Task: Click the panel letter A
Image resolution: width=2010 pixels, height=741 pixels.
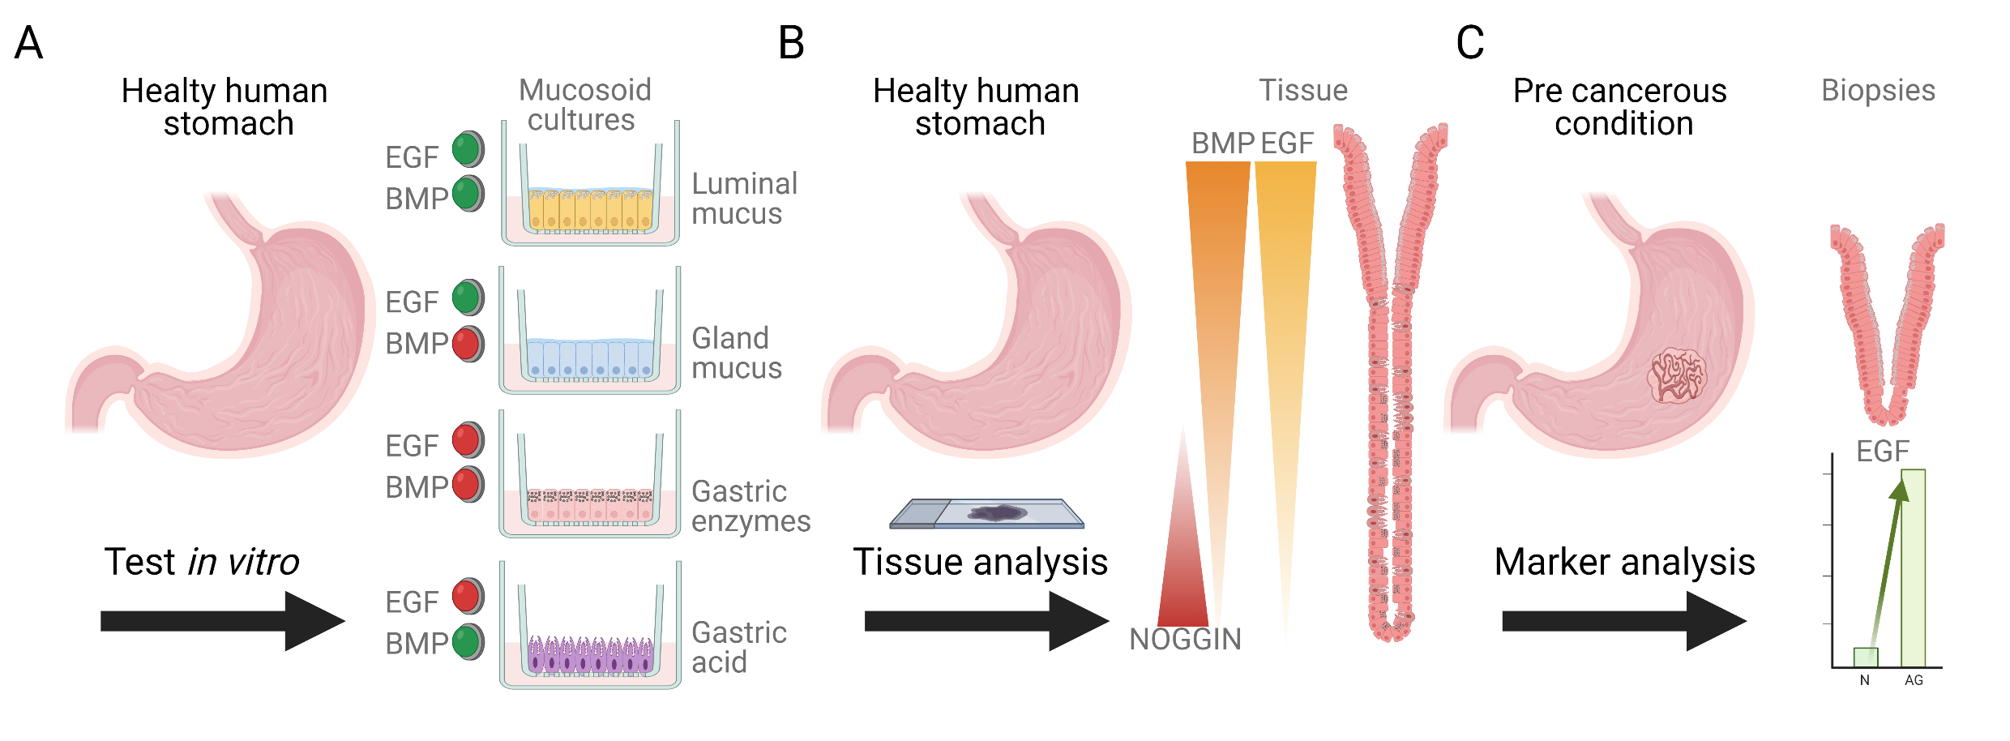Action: [x=28, y=43]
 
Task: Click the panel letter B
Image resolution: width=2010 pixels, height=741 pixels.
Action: [x=791, y=43]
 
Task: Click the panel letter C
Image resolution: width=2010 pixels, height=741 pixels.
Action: [x=1469, y=43]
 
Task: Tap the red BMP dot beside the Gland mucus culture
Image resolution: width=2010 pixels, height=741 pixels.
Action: [x=467, y=344]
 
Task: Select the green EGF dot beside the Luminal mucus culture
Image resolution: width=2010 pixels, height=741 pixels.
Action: [x=467, y=149]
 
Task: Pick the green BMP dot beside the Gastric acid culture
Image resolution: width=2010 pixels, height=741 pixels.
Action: [x=467, y=641]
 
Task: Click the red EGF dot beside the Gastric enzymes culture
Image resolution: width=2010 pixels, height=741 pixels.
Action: [x=467, y=439]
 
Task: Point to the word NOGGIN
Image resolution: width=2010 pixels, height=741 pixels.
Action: [x=1185, y=640]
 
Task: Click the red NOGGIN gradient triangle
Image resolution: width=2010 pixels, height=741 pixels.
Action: [x=1183, y=568]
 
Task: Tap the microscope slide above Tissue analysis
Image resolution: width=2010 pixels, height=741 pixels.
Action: [x=987, y=514]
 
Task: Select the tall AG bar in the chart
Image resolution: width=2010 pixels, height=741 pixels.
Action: [x=1913, y=568]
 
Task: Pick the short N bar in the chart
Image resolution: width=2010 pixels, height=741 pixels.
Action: [x=1866, y=657]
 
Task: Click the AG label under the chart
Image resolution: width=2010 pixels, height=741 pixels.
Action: [x=1914, y=680]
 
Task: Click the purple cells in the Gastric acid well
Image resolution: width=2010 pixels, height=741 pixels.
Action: [x=589, y=657]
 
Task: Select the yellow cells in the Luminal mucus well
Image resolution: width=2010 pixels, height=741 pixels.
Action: [x=589, y=211]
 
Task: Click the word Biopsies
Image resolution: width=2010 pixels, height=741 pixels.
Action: [x=1878, y=91]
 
